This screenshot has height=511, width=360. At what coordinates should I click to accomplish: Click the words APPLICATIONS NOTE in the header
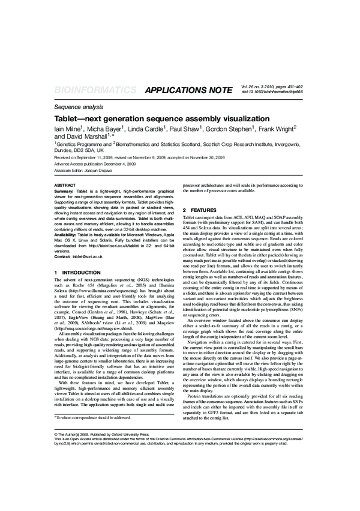(188, 91)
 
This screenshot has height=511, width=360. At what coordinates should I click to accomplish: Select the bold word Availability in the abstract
(68, 234)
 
